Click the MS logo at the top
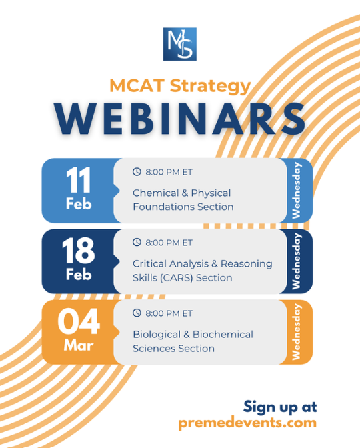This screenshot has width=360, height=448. coord(180,44)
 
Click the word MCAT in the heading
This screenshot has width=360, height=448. coord(137,86)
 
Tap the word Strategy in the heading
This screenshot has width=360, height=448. coord(210,87)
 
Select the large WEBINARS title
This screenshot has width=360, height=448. coord(180,119)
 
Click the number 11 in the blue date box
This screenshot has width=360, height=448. coord(79,180)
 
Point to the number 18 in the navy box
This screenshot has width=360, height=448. coord(78,251)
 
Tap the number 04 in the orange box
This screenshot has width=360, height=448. coord(79,321)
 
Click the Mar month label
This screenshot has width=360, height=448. coord(79,345)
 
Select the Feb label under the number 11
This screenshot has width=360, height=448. coord(79,204)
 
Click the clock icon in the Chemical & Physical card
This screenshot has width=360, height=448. coord(137,172)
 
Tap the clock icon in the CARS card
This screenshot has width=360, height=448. coord(137,242)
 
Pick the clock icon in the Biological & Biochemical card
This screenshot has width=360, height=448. coord(137,313)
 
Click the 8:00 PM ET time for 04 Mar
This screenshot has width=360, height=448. coord(169,313)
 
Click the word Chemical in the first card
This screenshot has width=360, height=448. coord(156,193)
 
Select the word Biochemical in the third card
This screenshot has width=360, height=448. coord(223,335)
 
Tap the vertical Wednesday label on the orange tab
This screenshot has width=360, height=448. coord(296,332)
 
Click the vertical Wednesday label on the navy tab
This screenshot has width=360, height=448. coord(296,261)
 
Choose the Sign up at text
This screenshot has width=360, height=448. coord(280,407)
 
